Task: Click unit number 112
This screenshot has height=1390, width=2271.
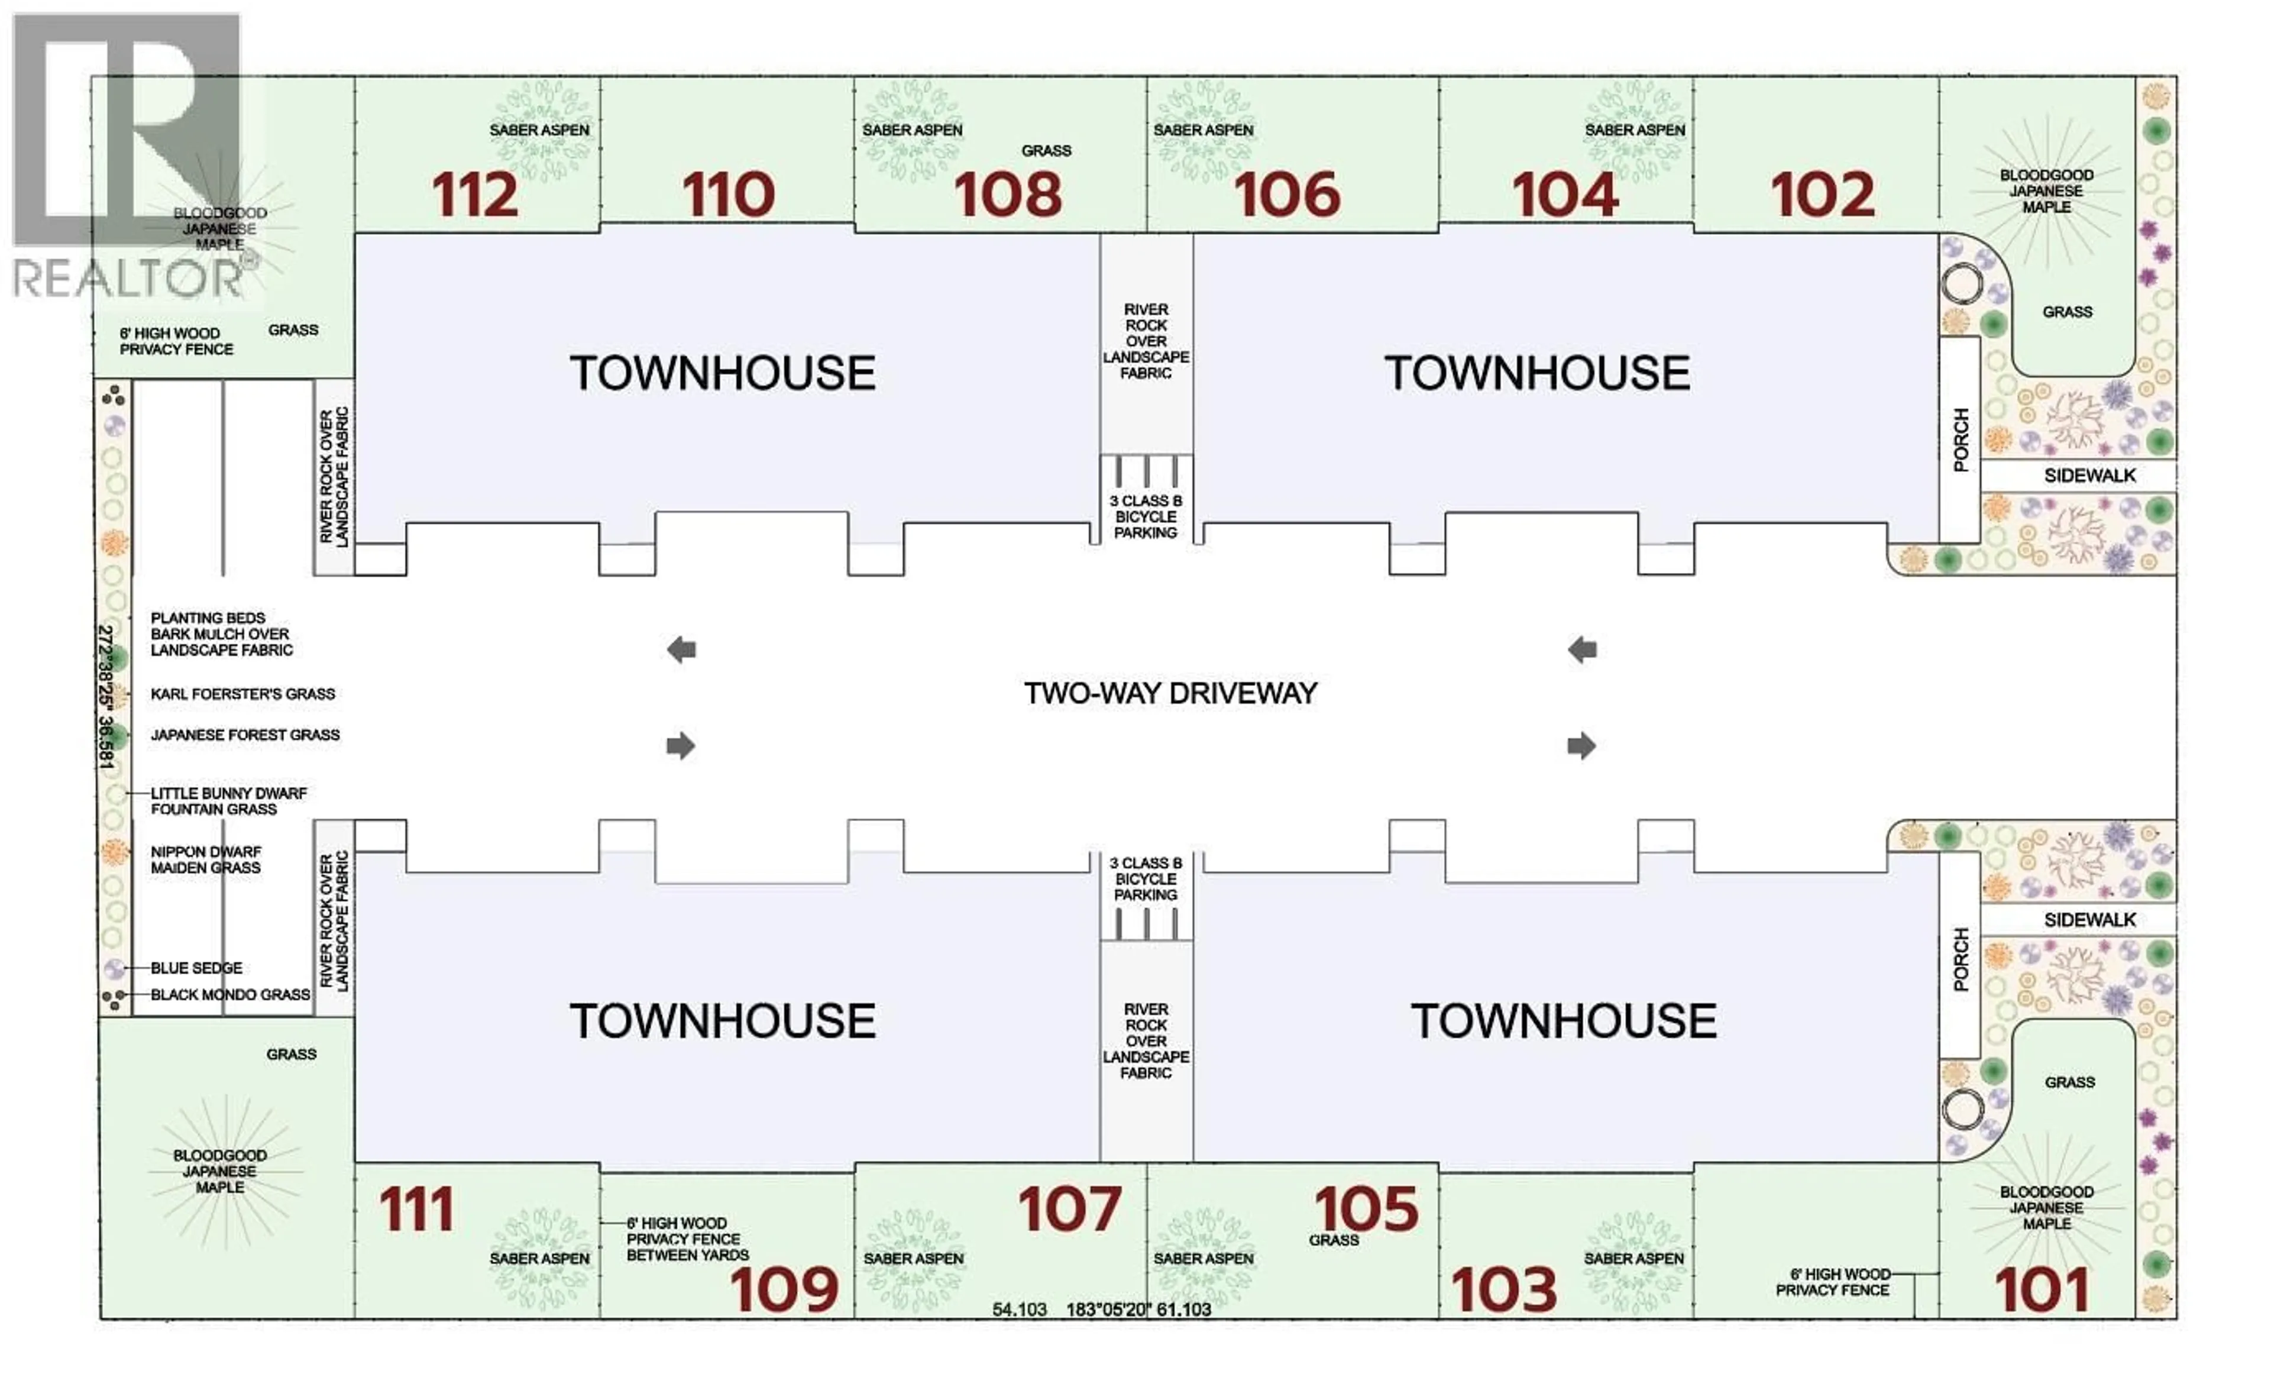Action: coord(475,195)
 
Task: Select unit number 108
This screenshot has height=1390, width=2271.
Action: coord(1007,195)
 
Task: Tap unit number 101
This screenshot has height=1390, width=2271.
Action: coord(2042,1289)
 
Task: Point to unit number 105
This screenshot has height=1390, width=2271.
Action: coord(1366,1208)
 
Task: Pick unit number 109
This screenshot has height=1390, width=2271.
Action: coord(784,1289)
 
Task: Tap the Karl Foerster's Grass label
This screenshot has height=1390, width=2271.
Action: coord(242,694)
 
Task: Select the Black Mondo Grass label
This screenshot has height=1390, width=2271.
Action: coord(231,994)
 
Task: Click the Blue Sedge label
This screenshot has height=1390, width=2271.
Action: coord(196,968)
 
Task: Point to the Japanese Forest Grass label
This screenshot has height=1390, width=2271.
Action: coord(245,735)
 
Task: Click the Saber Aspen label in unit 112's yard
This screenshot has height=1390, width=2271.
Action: coord(539,130)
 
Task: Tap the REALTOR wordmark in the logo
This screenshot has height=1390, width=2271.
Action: coord(129,277)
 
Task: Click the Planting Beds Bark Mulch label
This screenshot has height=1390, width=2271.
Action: coord(221,634)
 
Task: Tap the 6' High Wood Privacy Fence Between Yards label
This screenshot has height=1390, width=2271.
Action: coord(687,1239)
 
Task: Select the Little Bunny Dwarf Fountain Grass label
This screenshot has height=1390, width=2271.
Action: coord(228,801)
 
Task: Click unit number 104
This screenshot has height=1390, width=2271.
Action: coord(1564,195)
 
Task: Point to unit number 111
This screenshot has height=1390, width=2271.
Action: coord(416,1208)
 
